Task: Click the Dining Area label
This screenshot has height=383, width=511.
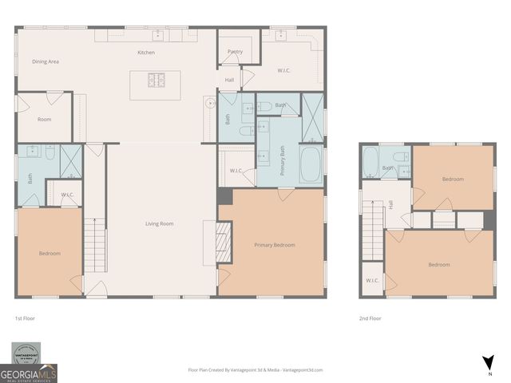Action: click(x=46, y=61)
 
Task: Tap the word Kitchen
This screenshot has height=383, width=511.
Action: click(x=146, y=53)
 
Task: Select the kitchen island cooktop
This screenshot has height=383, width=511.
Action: click(x=155, y=80)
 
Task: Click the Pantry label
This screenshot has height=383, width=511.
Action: click(x=235, y=52)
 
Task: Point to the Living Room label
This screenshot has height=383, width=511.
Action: click(x=160, y=223)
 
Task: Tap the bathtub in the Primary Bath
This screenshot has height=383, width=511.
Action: click(x=312, y=164)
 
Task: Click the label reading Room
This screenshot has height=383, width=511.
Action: click(x=45, y=119)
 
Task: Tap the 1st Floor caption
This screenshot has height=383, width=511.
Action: click(x=25, y=318)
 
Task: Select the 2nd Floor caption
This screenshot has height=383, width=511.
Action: click(x=370, y=318)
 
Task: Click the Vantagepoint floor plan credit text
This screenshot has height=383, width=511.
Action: click(x=255, y=370)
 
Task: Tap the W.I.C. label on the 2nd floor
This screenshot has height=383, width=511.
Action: click(x=372, y=280)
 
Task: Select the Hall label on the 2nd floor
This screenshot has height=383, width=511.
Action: click(x=391, y=205)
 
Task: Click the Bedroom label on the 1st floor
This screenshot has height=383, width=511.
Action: click(x=50, y=253)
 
